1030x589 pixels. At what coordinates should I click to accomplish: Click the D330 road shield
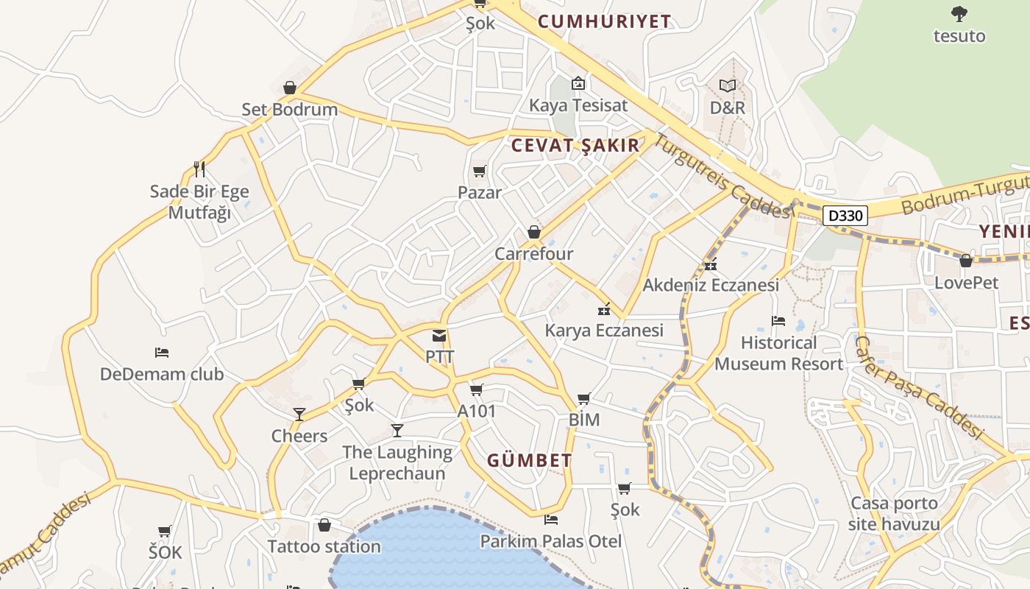845,216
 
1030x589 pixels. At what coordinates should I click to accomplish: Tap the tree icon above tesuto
959,13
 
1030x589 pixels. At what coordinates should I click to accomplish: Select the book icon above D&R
728,86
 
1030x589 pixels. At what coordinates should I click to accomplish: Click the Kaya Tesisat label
578,105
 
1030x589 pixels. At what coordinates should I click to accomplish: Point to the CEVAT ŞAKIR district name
575,146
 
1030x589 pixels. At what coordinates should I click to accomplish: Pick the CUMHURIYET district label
604,21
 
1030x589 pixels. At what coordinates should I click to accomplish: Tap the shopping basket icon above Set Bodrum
290,88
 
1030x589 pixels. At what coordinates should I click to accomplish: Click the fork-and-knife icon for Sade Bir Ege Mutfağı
199,169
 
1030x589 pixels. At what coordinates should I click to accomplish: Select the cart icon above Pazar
479,172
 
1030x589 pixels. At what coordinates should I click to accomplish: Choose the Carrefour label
533,254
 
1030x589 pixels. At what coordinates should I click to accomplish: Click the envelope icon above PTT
439,336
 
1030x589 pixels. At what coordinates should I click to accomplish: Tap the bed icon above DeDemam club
162,353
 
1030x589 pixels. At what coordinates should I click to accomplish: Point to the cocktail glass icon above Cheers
299,414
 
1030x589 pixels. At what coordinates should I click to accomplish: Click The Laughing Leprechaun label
397,462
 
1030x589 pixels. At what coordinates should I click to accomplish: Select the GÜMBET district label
530,462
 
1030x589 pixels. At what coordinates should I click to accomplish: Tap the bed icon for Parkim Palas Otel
550,520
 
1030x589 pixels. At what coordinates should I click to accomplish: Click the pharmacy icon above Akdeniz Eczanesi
711,265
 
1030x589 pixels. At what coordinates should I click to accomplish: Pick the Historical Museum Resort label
779,353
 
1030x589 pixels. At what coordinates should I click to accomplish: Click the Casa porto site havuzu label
894,514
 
